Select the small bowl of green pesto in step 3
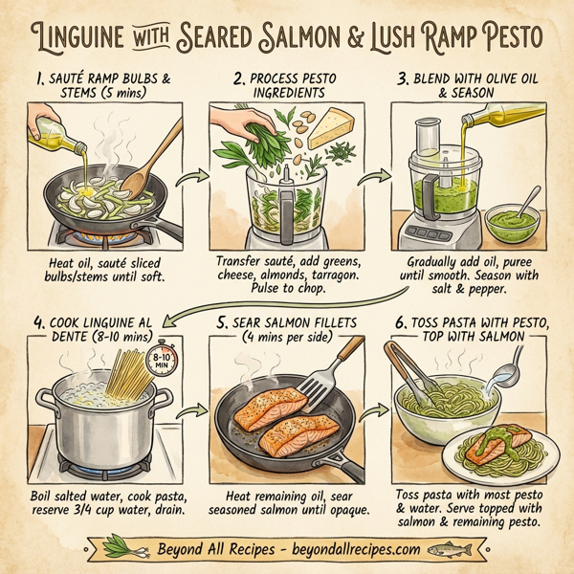click(x=508, y=223)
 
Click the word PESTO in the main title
click(x=509, y=40)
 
